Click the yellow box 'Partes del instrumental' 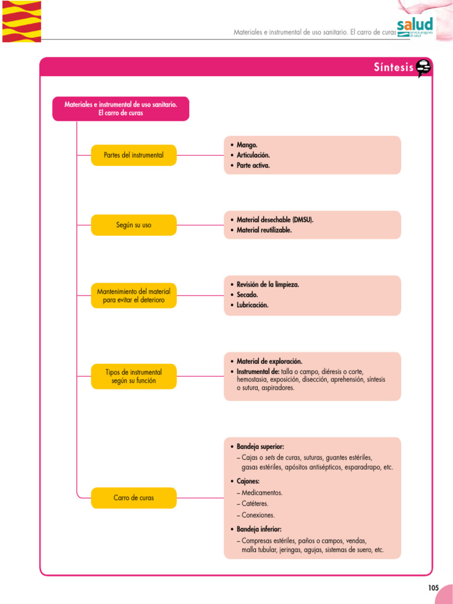[x=134, y=155]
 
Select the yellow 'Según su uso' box [x=134, y=225]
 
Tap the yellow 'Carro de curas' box [x=134, y=498]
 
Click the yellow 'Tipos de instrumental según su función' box [x=134, y=376]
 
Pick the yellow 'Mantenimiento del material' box [x=134, y=296]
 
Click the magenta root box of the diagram [x=121, y=109]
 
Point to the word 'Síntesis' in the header [x=393, y=67]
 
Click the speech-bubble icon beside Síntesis [x=424, y=68]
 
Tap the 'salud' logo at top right [x=415, y=26]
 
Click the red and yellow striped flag [x=21, y=21]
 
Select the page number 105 [x=434, y=587]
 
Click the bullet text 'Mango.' [x=247, y=145]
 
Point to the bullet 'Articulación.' [x=253, y=155]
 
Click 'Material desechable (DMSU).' [x=275, y=219]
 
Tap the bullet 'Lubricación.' [x=252, y=306]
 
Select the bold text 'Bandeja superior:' [x=260, y=447]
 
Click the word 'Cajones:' [x=248, y=481]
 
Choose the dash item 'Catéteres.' [x=255, y=504]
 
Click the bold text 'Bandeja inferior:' [x=259, y=529]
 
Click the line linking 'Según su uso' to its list [x=200, y=225]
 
